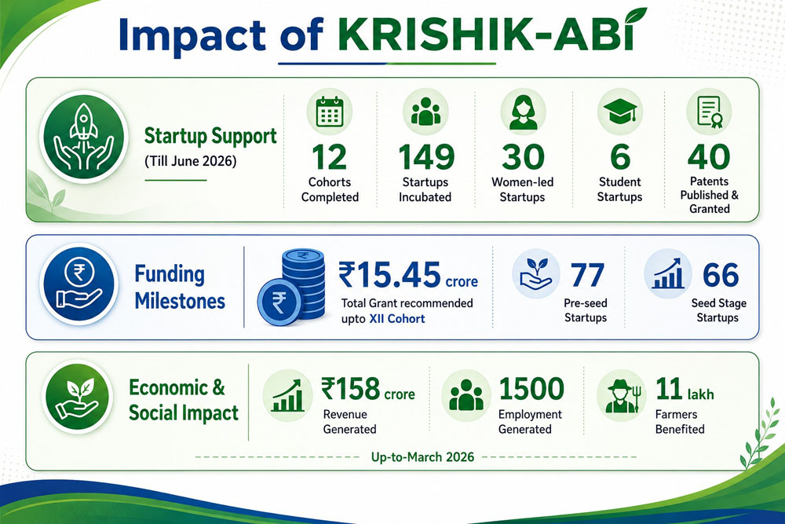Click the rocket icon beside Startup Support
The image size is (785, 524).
[83, 137]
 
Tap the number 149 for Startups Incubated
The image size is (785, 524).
[426, 157]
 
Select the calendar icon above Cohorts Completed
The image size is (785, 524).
[330, 112]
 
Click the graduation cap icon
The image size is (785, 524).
[620, 112]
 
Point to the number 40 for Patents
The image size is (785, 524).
[709, 157]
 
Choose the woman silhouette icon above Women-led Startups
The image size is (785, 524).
[523, 112]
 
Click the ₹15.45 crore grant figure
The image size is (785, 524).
[408, 275]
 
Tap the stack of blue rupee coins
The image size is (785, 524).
[291, 288]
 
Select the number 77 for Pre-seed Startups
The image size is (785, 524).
[587, 275]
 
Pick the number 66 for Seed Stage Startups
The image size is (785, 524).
[721, 275]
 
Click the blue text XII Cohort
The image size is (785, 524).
[397, 319]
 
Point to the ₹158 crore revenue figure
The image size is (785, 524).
[368, 389]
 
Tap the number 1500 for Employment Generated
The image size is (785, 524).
[531, 389]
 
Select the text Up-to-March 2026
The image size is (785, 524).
[422, 457]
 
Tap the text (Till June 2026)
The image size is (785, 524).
[190, 161]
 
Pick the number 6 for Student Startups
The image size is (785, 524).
[620, 157]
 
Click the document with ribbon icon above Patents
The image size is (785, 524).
[709, 112]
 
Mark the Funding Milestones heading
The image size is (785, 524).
[180, 288]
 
